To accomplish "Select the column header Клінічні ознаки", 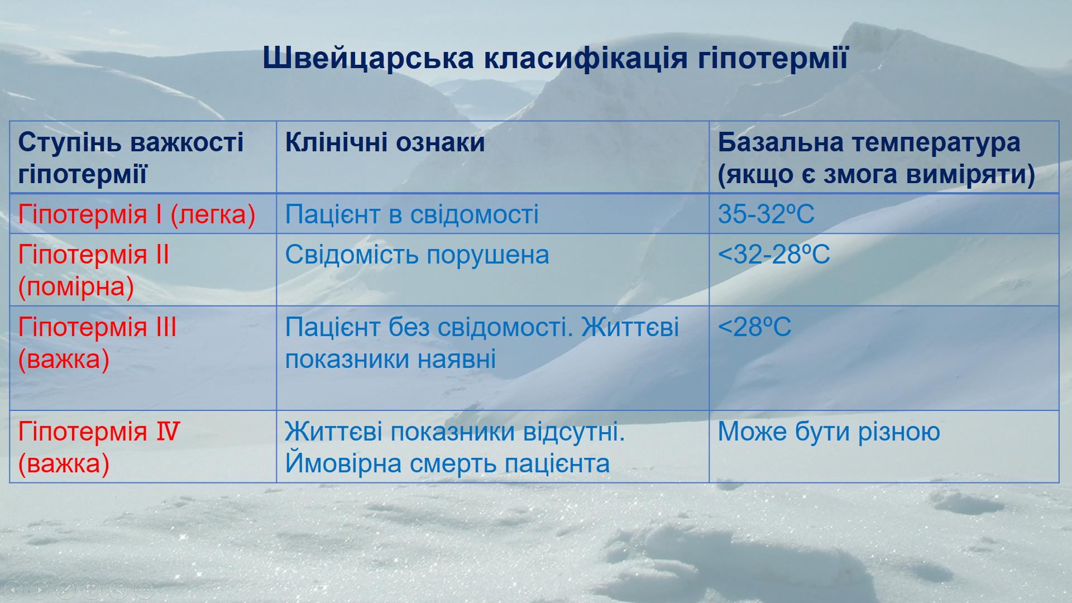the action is [x=385, y=142].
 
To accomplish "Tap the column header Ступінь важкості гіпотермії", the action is [x=131, y=158].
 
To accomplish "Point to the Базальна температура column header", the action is [x=877, y=158].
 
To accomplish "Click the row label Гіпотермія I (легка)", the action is [x=137, y=214].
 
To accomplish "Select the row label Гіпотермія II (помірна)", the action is [x=93, y=271].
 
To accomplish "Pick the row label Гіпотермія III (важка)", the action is [x=97, y=343].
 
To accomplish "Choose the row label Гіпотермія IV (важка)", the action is [x=99, y=447].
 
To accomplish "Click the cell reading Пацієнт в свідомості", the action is [x=411, y=214].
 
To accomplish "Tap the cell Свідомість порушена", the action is [x=417, y=255].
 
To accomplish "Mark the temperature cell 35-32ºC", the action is [x=766, y=214].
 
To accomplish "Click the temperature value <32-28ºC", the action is [x=774, y=255].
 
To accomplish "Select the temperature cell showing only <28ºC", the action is [x=754, y=327].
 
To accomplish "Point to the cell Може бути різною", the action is [x=829, y=432].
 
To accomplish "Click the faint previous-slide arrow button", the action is [x=14, y=588].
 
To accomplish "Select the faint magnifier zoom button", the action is [x=118, y=588].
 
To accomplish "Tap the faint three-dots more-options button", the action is [x=144, y=588].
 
